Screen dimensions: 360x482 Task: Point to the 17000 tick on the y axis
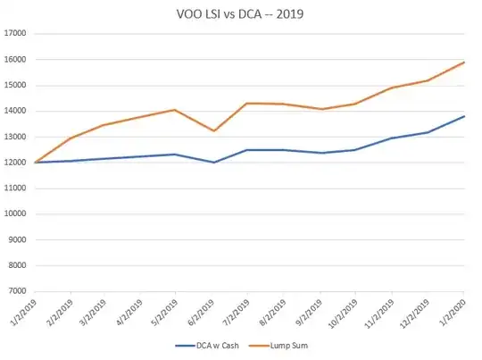click(15, 34)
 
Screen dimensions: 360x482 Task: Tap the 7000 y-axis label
click(18, 291)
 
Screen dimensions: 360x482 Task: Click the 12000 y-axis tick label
click(15, 163)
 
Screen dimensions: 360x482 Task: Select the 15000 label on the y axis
click(15, 86)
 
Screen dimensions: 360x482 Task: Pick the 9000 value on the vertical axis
click(18, 239)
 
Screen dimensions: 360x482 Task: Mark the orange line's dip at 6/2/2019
click(214, 130)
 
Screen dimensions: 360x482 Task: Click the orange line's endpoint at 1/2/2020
click(464, 62)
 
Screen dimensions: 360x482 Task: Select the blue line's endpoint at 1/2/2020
click(464, 116)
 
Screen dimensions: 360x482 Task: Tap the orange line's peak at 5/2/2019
click(175, 110)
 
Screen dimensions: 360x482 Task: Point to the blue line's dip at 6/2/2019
click(214, 162)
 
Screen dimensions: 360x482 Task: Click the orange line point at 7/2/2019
click(247, 103)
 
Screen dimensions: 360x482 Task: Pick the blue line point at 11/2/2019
click(392, 138)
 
